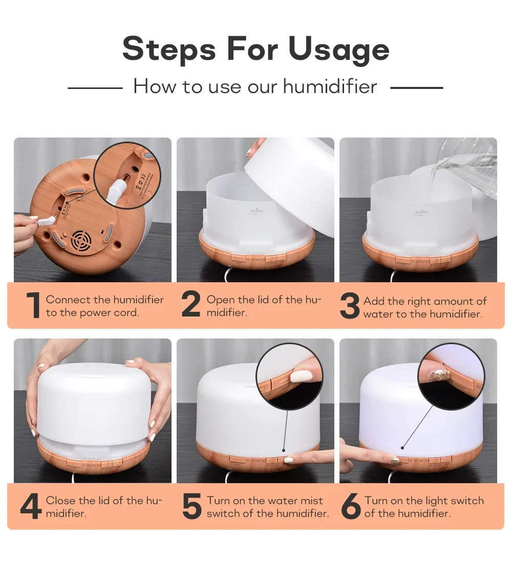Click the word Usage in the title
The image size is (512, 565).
(338, 50)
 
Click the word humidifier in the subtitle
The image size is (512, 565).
(330, 86)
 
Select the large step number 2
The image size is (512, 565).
(191, 306)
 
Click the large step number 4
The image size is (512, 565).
(31, 506)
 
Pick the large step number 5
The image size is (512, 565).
(191, 506)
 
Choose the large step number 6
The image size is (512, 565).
(351, 506)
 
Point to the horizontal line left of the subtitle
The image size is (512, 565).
(95, 88)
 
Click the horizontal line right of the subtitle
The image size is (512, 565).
(416, 88)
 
